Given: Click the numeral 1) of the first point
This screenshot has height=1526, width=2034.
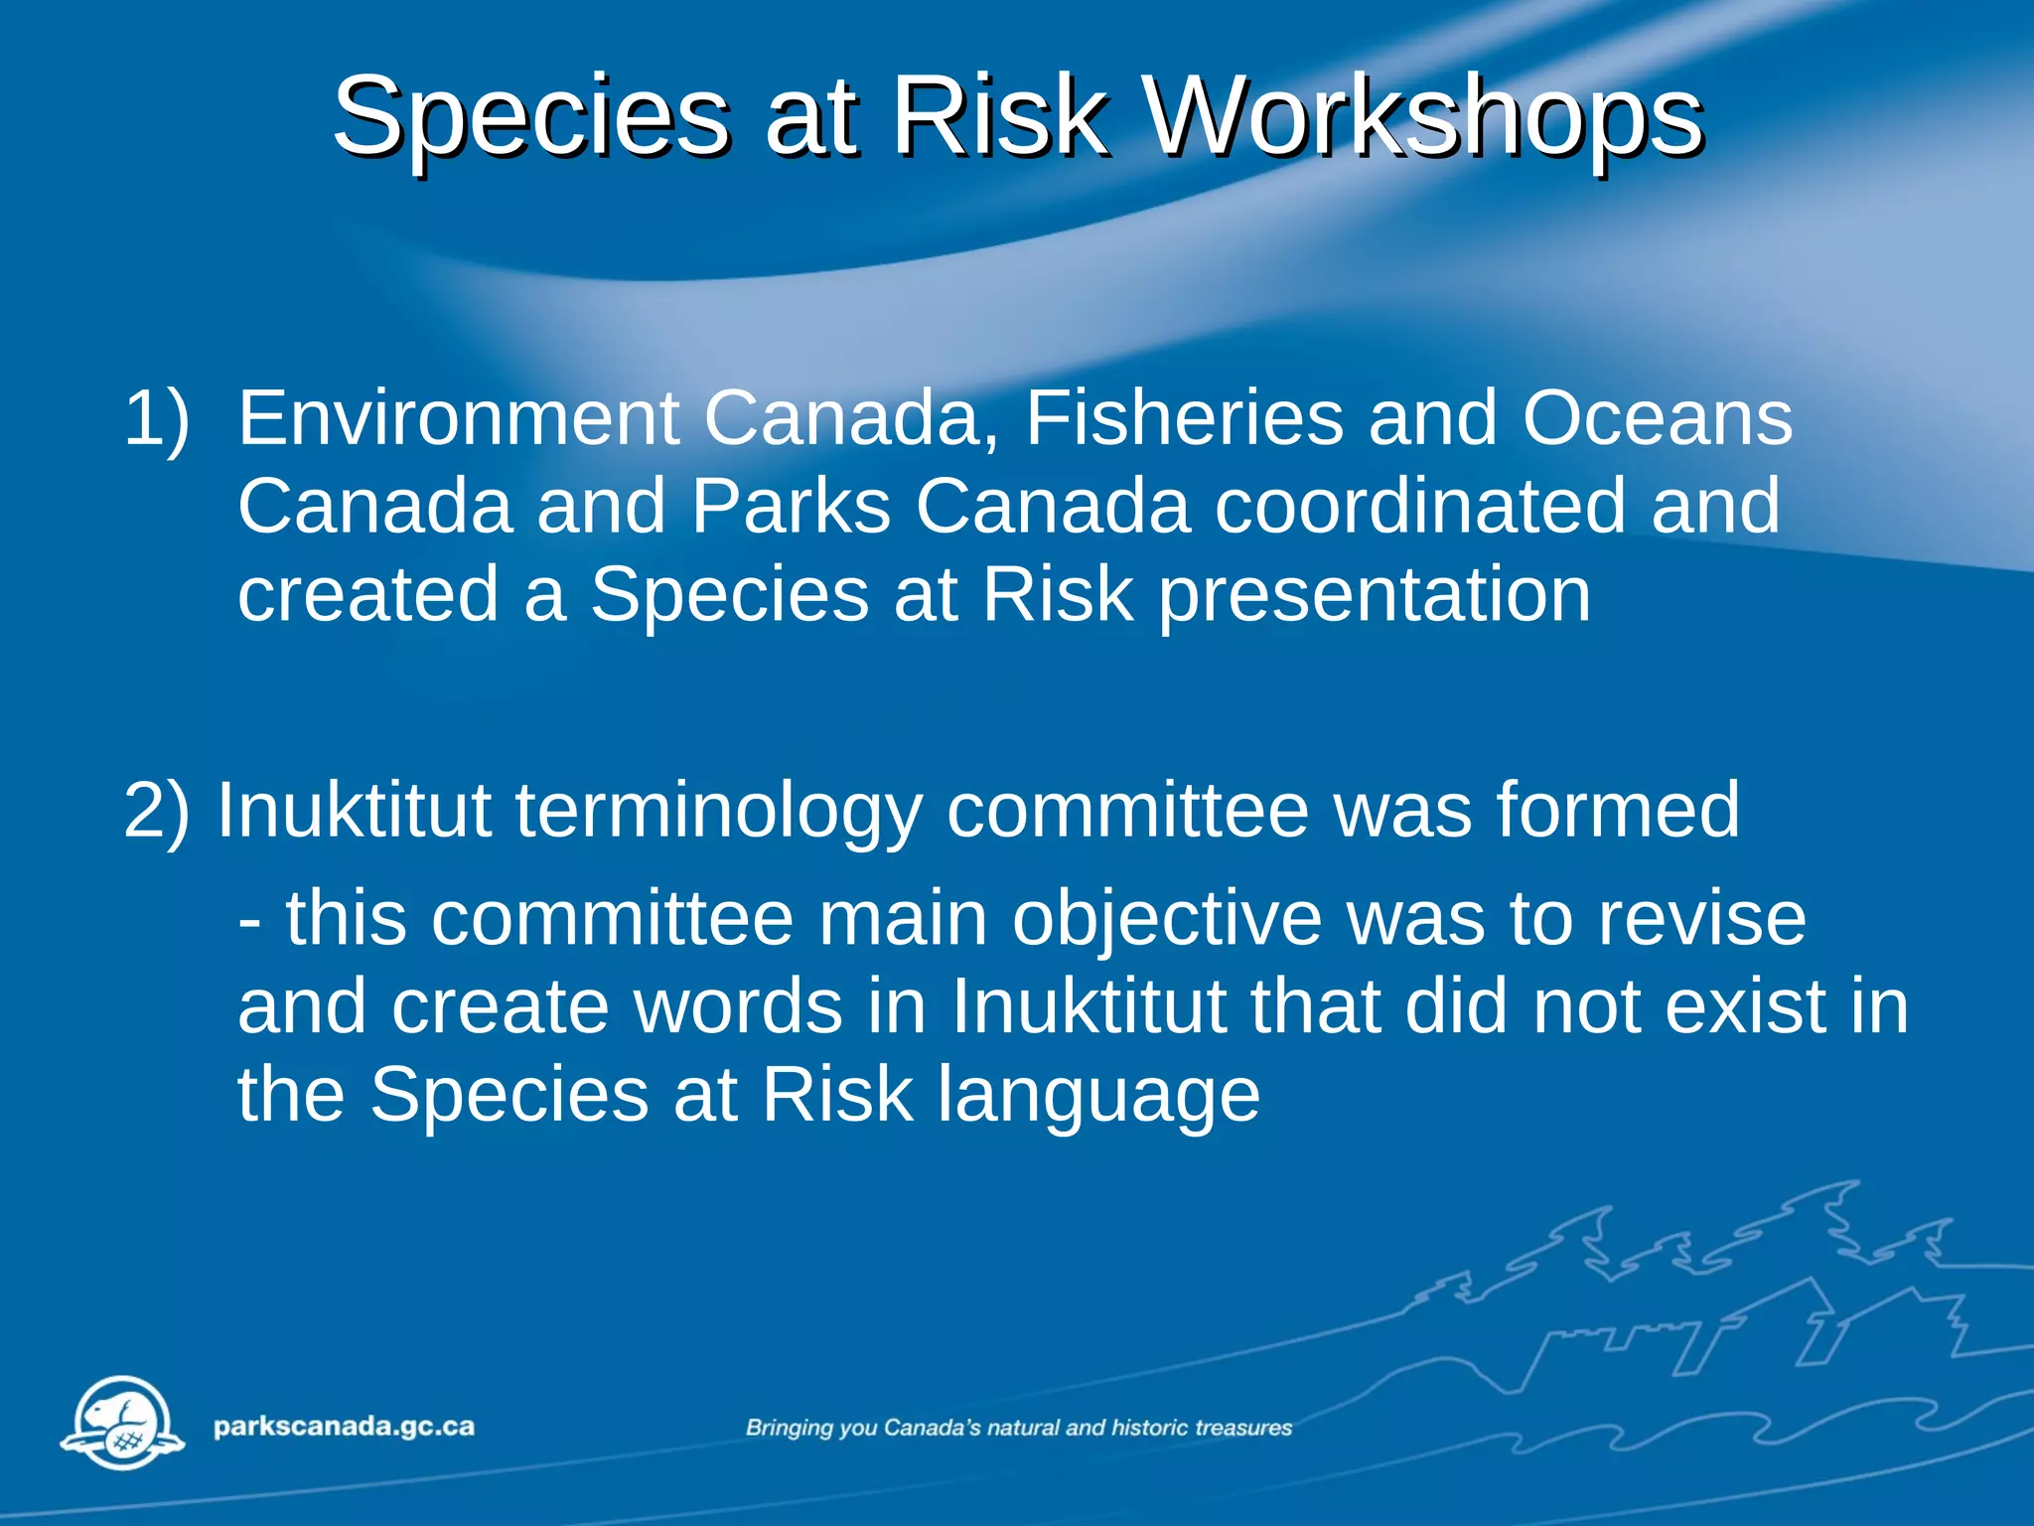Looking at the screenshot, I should click(156, 418).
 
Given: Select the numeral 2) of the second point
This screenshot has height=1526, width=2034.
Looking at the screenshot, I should click(156, 811).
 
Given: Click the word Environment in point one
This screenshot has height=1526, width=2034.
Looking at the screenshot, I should click(458, 418).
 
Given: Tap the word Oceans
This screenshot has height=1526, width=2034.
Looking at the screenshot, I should click(1658, 418).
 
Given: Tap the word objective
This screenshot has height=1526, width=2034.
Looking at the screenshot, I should click(1167, 920).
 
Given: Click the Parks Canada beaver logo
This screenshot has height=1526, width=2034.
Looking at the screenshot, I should click(123, 1423).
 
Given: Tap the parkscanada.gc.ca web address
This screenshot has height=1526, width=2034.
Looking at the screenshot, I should click(344, 1428).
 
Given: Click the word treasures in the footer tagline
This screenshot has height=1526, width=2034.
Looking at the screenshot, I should click(1243, 1429).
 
